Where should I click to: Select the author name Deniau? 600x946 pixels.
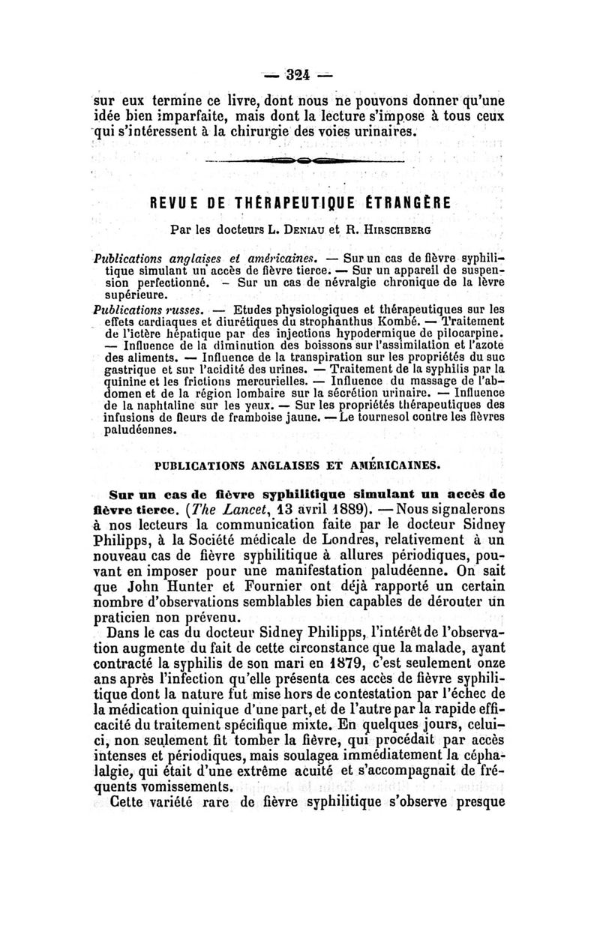(307, 226)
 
